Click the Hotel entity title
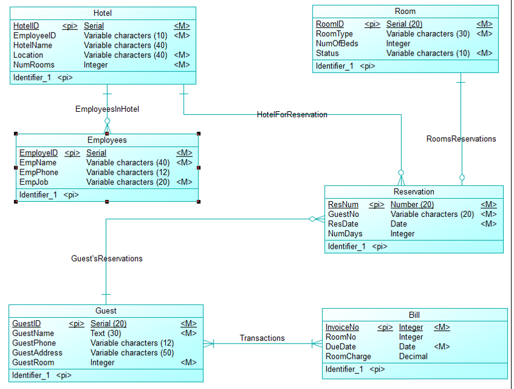103,13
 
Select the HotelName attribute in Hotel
33,45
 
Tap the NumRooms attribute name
34,65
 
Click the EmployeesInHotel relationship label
107,109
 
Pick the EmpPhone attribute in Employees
39,172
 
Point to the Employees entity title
107,140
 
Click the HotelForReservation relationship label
292,114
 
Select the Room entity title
405,11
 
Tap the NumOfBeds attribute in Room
337,43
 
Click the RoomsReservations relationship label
461,139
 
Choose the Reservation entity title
413,192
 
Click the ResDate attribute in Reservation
343,224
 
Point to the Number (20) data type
412,205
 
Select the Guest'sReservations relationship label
107,259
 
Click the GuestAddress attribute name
37,353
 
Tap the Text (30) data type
106,333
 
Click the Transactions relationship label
262,338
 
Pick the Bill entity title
414,315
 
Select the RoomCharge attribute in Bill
348,356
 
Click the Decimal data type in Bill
413,356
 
